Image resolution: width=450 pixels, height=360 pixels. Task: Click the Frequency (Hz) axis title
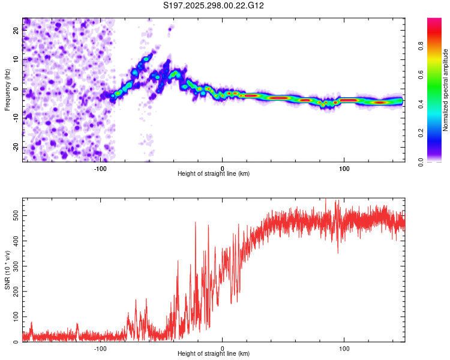pyautogui.click(x=7, y=89)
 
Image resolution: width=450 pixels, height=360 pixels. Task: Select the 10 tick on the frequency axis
pyautogui.click(x=16, y=61)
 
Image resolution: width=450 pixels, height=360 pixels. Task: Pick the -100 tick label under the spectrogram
pyautogui.click(x=100, y=169)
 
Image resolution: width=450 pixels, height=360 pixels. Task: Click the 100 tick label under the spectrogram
pyautogui.click(x=344, y=169)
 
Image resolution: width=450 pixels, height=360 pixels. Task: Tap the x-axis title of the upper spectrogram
pyautogui.click(x=214, y=174)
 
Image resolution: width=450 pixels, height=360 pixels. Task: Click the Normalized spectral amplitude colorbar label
pyautogui.click(x=446, y=90)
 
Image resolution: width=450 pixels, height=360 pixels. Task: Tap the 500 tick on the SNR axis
pyautogui.click(x=14, y=214)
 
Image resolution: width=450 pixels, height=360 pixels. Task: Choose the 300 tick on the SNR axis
pyautogui.click(x=14, y=265)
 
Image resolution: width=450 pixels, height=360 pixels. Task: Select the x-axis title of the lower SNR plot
pyautogui.click(x=214, y=354)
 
